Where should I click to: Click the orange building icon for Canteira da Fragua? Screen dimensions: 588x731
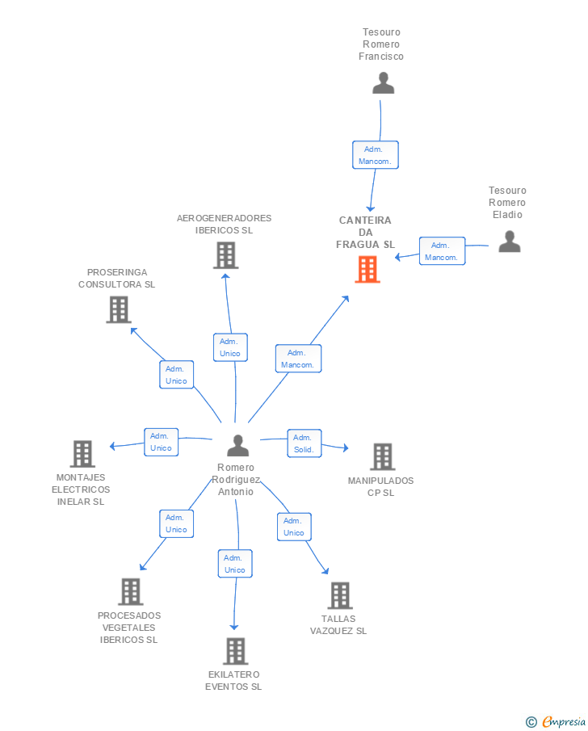coord(367,270)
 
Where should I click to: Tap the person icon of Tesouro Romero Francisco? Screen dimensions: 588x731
coord(384,83)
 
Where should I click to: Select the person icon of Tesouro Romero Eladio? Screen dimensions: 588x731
coord(509,242)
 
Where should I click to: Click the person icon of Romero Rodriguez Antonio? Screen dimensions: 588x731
coord(237,445)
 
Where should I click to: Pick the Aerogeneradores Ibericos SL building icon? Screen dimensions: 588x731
coord(226,255)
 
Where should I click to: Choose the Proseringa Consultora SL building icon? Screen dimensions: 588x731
coord(119,309)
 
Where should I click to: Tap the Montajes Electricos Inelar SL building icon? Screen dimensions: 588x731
coord(82,454)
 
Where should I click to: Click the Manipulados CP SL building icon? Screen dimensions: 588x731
coord(383,456)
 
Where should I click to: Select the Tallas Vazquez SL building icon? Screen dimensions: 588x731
coord(340,595)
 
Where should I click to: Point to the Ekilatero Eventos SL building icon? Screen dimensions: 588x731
coord(236,651)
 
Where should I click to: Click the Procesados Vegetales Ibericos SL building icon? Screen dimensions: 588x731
coord(131,591)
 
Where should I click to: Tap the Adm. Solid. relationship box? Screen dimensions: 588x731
coord(304,443)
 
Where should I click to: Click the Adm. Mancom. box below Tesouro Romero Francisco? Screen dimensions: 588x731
coord(376,155)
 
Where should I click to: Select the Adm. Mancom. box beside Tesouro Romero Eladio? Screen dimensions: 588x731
coord(442,251)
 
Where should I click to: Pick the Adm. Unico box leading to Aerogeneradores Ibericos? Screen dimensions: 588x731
coord(230,347)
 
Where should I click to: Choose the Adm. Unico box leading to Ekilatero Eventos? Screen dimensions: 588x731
coord(235,564)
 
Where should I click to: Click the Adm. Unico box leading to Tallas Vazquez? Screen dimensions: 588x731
coord(294,527)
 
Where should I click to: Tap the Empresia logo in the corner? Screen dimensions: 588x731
coord(556,721)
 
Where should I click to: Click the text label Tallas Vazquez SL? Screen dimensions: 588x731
coord(338,624)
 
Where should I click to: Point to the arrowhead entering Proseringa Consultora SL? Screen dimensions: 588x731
coord(133,330)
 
